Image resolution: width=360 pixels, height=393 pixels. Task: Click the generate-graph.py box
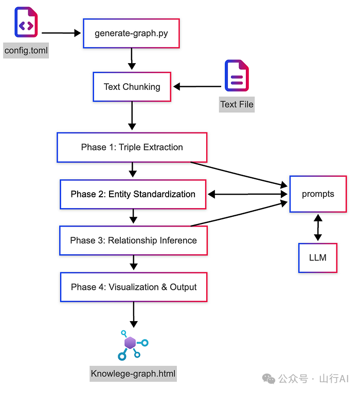pos(131,33)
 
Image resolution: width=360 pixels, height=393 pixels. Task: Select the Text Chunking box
pos(132,87)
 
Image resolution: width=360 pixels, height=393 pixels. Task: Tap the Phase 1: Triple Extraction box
pos(132,147)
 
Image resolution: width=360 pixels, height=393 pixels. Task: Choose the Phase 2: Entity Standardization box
pos(133,194)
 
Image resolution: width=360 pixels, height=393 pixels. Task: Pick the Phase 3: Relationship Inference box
pos(134,240)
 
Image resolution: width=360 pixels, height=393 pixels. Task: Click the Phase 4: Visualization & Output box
pos(134,287)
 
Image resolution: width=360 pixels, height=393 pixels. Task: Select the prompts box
pos(318,194)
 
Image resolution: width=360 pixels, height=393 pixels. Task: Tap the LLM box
pos(318,258)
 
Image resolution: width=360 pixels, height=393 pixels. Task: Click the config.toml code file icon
pos(26,22)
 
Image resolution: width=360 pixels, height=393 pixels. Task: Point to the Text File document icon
pos(237,76)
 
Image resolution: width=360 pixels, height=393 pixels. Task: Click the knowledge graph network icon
pos(133,345)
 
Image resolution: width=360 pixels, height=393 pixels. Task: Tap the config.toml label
pos(26,50)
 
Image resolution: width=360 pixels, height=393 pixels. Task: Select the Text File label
pos(237,104)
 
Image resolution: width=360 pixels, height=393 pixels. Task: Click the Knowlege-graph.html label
pos(133,373)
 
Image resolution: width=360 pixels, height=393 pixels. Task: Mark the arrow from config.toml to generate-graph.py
pos(61,33)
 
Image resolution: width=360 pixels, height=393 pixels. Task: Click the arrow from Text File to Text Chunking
pos(197,87)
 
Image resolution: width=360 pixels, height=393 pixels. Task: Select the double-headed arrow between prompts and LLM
pos(318,228)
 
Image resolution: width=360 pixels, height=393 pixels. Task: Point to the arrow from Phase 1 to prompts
pos(239,175)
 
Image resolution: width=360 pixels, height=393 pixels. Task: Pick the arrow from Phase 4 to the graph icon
pos(134,314)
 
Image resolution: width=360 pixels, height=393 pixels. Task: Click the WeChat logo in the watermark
pos(268,379)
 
